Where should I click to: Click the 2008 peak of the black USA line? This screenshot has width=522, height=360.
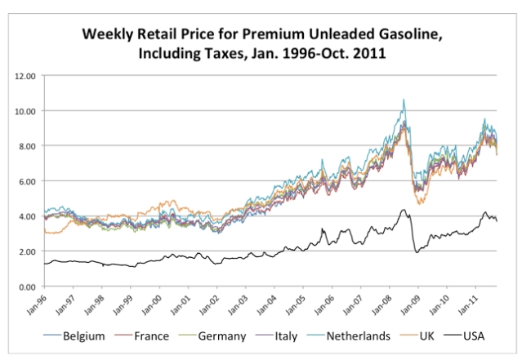click(403, 210)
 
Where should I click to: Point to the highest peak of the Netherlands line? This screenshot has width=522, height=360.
click(403, 100)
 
